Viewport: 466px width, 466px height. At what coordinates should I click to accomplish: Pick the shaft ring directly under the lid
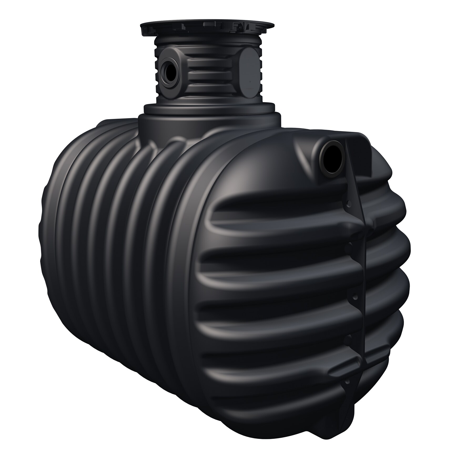(208, 42)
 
